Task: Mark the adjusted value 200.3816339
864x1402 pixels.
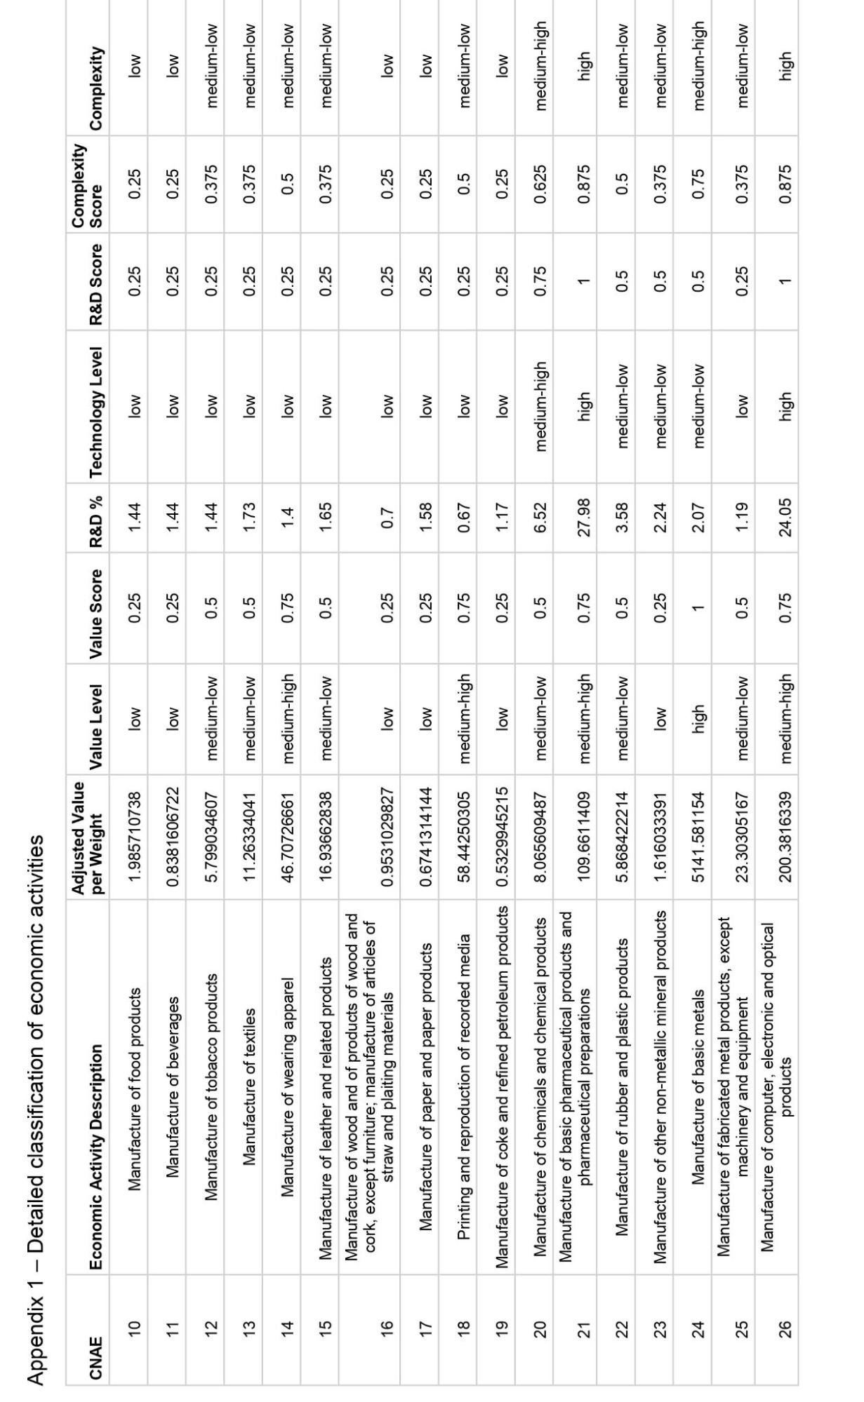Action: [785, 835]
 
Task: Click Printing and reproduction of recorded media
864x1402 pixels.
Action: [463, 1066]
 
